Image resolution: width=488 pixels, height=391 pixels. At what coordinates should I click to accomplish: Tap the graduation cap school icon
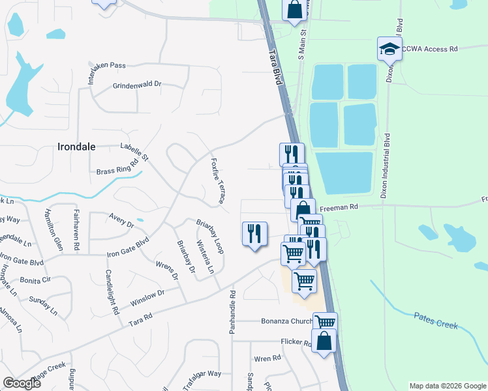pos(389,48)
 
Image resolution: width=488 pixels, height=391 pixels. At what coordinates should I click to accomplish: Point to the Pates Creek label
pos(436,319)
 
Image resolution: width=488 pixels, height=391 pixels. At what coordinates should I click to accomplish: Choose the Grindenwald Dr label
pos(137,85)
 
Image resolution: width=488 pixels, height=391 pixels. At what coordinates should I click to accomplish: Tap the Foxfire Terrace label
pos(217,180)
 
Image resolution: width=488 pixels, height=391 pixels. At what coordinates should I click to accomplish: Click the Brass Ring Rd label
pos(118,167)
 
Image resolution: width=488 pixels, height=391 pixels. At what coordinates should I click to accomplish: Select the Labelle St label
pos(134,152)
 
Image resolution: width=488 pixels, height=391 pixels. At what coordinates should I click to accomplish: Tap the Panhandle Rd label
pos(232,312)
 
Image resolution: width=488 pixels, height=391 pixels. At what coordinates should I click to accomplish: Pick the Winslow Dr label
pos(147,298)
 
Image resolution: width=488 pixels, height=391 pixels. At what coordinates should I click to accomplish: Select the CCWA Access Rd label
pos(431,48)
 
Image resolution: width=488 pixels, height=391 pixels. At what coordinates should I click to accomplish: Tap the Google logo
pos(22,383)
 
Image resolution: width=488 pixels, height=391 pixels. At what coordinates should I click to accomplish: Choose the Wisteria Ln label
pos(206,256)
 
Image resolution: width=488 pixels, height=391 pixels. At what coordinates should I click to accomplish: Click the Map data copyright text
pos(447,386)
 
